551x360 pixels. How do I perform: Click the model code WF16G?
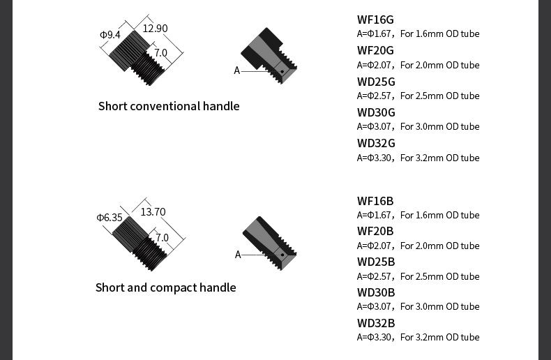pos(375,20)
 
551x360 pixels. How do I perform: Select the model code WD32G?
pos(376,144)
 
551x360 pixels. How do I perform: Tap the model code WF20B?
pos(375,232)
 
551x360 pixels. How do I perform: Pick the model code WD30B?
pos(376,292)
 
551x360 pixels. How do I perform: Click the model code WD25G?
pos(376,82)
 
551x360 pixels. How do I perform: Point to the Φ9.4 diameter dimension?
pos(110,35)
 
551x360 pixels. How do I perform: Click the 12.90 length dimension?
pos(155,28)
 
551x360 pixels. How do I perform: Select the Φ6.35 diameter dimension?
pos(110,218)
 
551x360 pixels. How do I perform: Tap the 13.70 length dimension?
pos(153,212)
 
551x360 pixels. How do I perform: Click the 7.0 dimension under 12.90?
pos(161,53)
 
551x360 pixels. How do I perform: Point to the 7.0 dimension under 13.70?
pos(162,238)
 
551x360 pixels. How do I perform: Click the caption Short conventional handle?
pos(169,106)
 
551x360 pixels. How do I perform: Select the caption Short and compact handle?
pos(166,287)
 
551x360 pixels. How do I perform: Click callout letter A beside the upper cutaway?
pos(237,70)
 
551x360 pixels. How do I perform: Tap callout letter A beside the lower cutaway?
pos(238,255)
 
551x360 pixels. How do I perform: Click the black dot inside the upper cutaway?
pos(282,72)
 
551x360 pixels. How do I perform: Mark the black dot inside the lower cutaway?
pos(282,255)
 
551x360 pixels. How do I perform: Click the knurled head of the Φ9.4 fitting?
pos(129,51)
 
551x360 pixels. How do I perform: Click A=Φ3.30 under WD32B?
pos(374,337)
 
